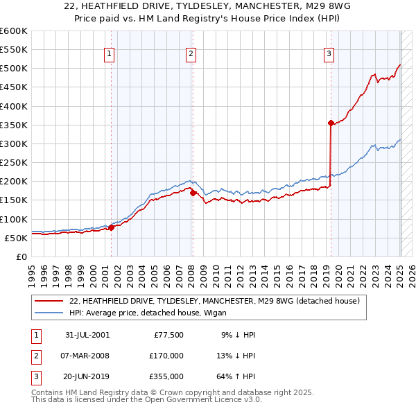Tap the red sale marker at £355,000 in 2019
coord(331,123)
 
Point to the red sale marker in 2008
coord(193,193)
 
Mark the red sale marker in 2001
coord(112,227)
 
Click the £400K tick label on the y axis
coord(14,106)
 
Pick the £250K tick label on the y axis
coord(14,162)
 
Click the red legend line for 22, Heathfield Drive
coord(49,302)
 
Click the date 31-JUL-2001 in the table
coord(87,334)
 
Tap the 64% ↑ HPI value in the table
coord(234,377)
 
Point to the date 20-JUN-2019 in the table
coord(87,377)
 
